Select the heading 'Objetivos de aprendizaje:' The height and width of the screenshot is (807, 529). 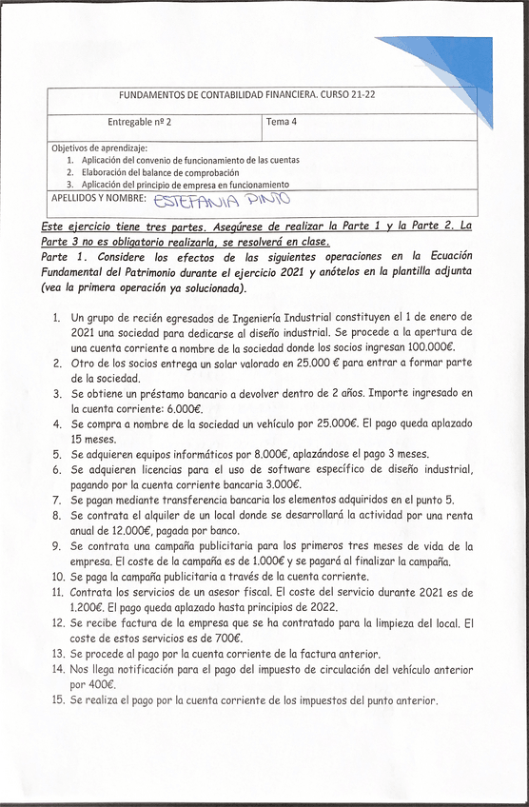[x=99, y=148]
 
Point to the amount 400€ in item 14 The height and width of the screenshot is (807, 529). [x=96, y=684]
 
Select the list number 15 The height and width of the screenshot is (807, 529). [x=57, y=700]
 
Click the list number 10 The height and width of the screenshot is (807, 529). [x=57, y=577]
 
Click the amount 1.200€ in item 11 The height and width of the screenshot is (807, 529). [x=90, y=607]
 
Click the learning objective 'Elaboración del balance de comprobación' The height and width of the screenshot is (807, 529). [x=160, y=172]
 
